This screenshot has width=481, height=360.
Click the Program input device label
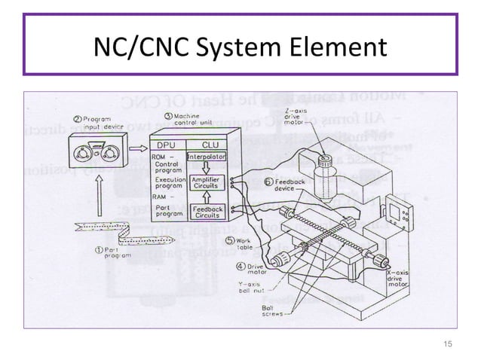(93, 123)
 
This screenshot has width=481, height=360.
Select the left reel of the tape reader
(84, 154)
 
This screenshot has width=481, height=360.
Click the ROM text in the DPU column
(161, 157)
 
